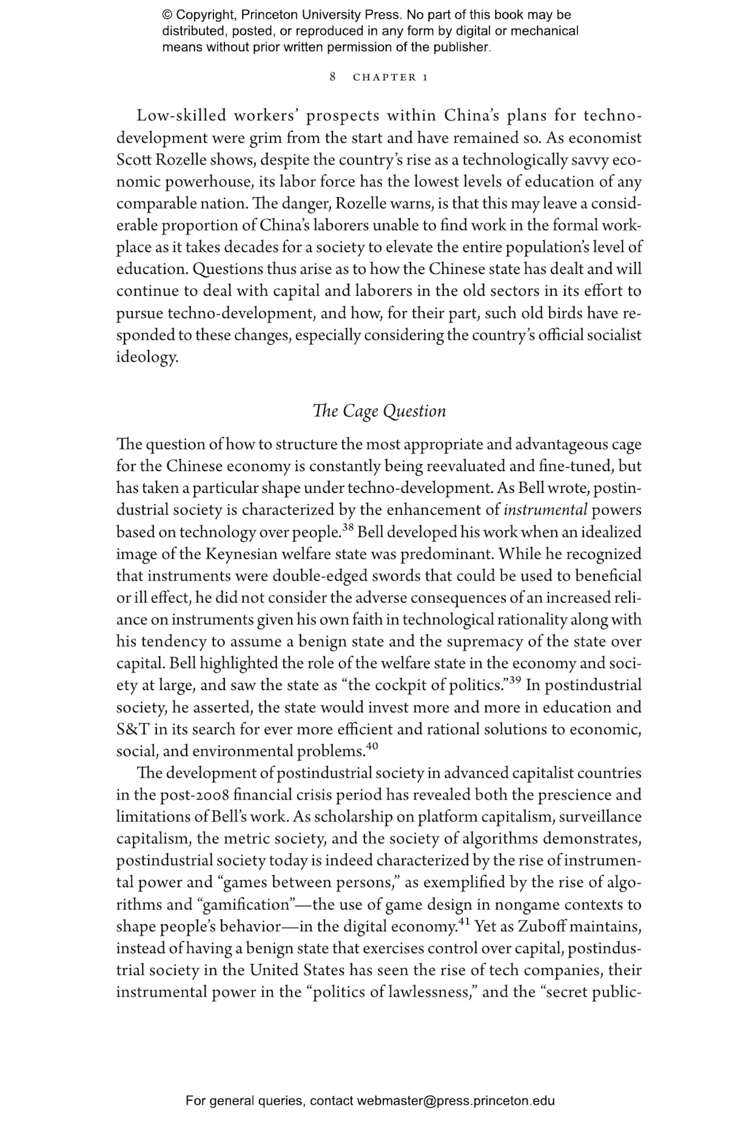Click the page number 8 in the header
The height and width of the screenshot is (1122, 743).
point(333,77)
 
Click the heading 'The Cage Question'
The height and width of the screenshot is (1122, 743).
point(379,411)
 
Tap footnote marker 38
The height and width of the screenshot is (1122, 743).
point(348,527)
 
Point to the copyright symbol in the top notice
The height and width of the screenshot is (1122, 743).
point(167,15)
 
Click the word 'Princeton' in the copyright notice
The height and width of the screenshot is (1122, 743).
point(272,15)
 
